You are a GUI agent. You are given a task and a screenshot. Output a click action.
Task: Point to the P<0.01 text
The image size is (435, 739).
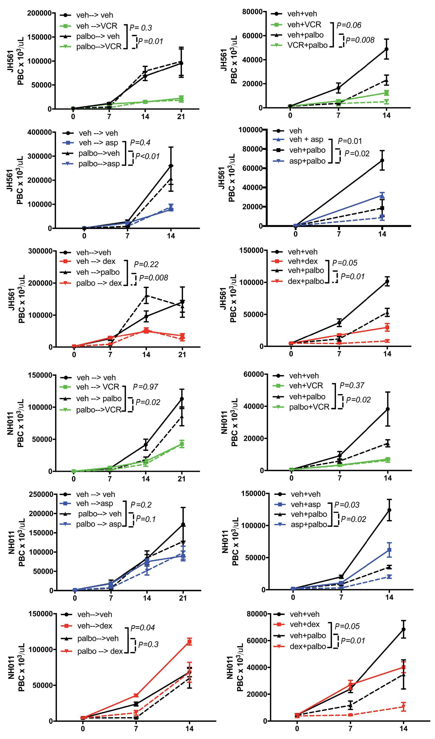[147, 156]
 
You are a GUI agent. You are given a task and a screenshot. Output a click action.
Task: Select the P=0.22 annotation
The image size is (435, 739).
[146, 264]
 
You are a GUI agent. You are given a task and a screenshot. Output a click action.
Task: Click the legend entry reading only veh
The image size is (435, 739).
[295, 131]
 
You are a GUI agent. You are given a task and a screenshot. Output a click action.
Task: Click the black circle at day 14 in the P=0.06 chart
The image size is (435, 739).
[387, 49]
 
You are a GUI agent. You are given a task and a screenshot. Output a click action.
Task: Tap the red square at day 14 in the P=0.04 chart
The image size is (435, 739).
[190, 642]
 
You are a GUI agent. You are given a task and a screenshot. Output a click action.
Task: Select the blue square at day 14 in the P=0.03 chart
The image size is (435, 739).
[389, 550]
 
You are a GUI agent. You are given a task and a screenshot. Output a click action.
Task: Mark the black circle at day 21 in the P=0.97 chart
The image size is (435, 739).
[182, 399]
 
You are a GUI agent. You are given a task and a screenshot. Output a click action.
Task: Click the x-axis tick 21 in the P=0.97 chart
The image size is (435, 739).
[182, 479]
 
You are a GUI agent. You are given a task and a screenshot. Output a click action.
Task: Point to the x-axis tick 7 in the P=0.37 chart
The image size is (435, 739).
[340, 478]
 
